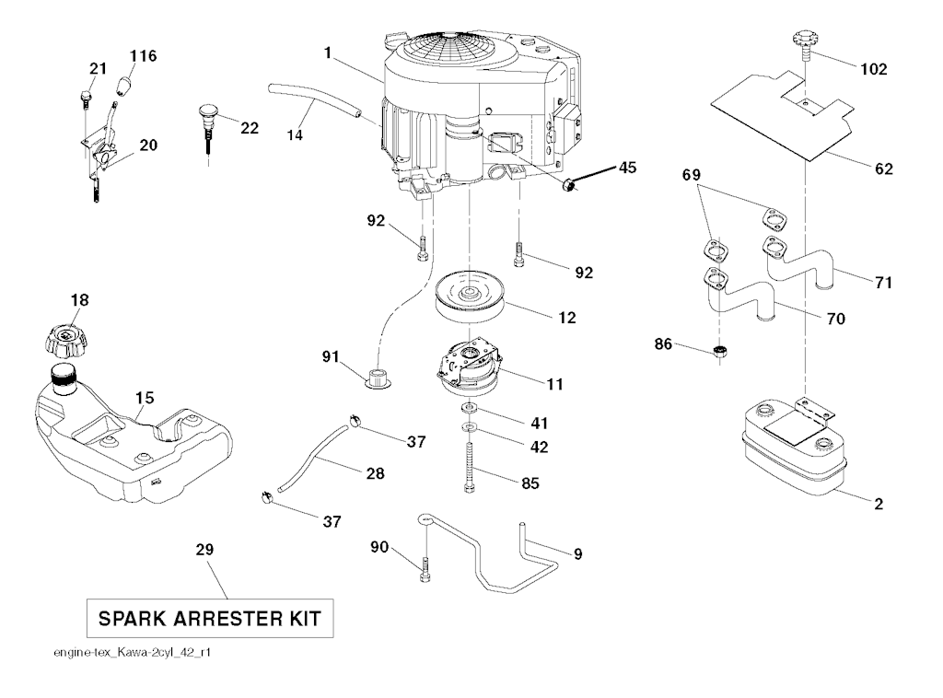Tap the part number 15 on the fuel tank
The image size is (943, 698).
coord(145,399)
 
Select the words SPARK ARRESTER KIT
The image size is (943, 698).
coord(209,618)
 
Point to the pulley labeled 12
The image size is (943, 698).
coord(470,297)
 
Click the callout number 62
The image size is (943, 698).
coord(882,169)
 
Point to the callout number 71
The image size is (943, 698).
coord(883,283)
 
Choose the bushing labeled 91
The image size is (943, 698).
coord(377,378)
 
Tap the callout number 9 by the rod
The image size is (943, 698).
coord(577,554)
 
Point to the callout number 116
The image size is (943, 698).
coord(143,56)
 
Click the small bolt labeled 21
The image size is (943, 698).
coord(85,95)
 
